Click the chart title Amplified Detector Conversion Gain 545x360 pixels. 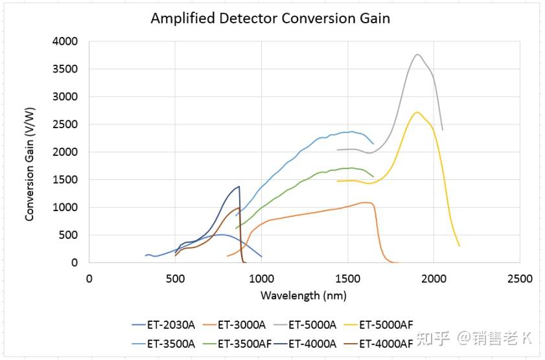point(270,18)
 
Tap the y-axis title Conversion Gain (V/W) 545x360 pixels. point(30,152)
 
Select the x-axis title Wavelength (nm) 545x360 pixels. point(303,295)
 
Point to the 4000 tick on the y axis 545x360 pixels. point(64,41)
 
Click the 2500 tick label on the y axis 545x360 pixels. point(64,124)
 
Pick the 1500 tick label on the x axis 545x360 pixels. point(347,279)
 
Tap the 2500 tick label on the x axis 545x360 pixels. point(519,279)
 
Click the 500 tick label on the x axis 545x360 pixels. point(175,279)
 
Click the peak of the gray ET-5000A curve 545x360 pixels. point(418,54)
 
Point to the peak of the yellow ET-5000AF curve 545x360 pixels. point(417,112)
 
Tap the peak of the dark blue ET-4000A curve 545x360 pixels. point(239,186)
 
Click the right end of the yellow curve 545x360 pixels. point(459,246)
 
